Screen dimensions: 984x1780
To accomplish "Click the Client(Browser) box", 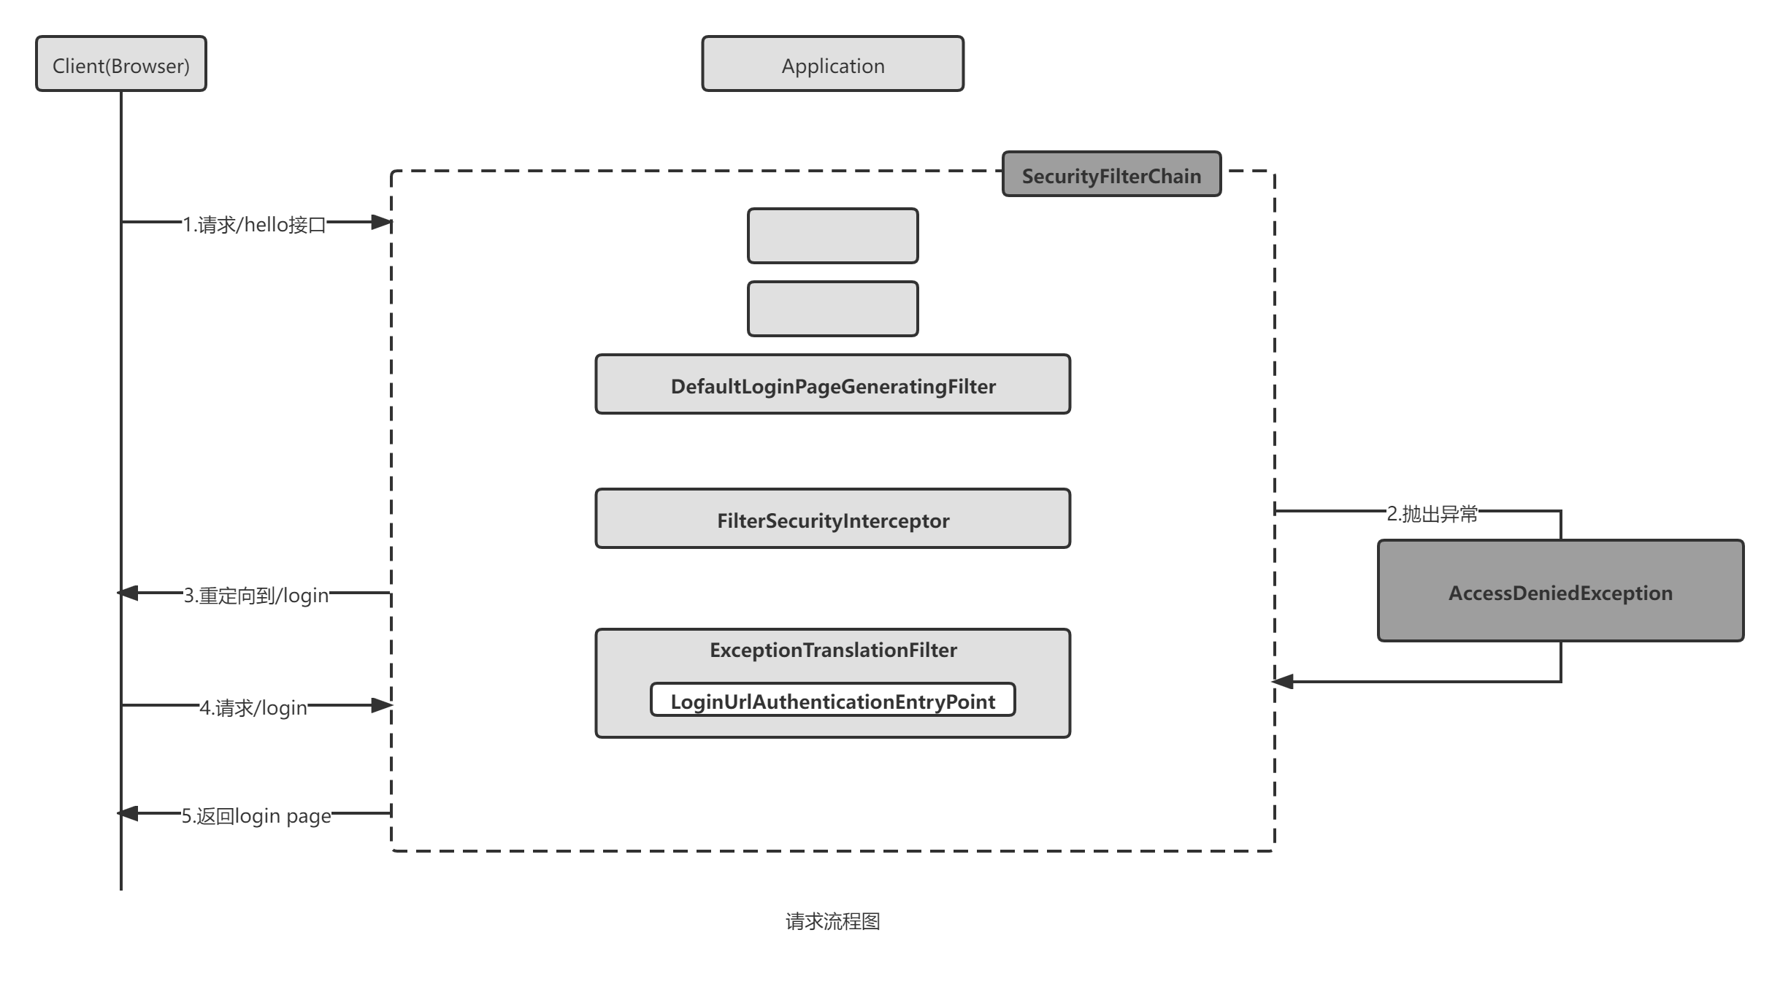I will coord(121,64).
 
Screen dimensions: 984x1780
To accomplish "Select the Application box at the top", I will coord(832,64).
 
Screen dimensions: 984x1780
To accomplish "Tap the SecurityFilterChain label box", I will coord(1110,175).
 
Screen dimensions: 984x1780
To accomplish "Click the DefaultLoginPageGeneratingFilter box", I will coord(832,385).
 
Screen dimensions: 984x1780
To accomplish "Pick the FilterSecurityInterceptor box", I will coord(832,519).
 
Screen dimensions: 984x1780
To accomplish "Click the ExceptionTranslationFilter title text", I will coord(832,650).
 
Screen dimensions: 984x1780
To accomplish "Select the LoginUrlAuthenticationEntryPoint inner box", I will coord(832,701).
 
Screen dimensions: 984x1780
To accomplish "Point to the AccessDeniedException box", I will coord(1560,591).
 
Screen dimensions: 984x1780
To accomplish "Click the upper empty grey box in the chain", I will coord(832,236).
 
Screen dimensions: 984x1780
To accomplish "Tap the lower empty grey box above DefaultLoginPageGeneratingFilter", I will coord(832,309).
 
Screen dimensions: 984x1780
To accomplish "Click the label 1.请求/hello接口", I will coord(253,223).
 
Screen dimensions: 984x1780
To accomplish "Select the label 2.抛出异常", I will coord(1432,512).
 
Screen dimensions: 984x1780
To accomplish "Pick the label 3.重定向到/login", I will coord(256,594).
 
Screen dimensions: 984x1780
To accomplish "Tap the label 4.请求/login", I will coord(253,707).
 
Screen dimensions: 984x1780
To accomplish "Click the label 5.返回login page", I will coord(256,815).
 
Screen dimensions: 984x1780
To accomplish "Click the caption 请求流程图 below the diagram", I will coord(832,922).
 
